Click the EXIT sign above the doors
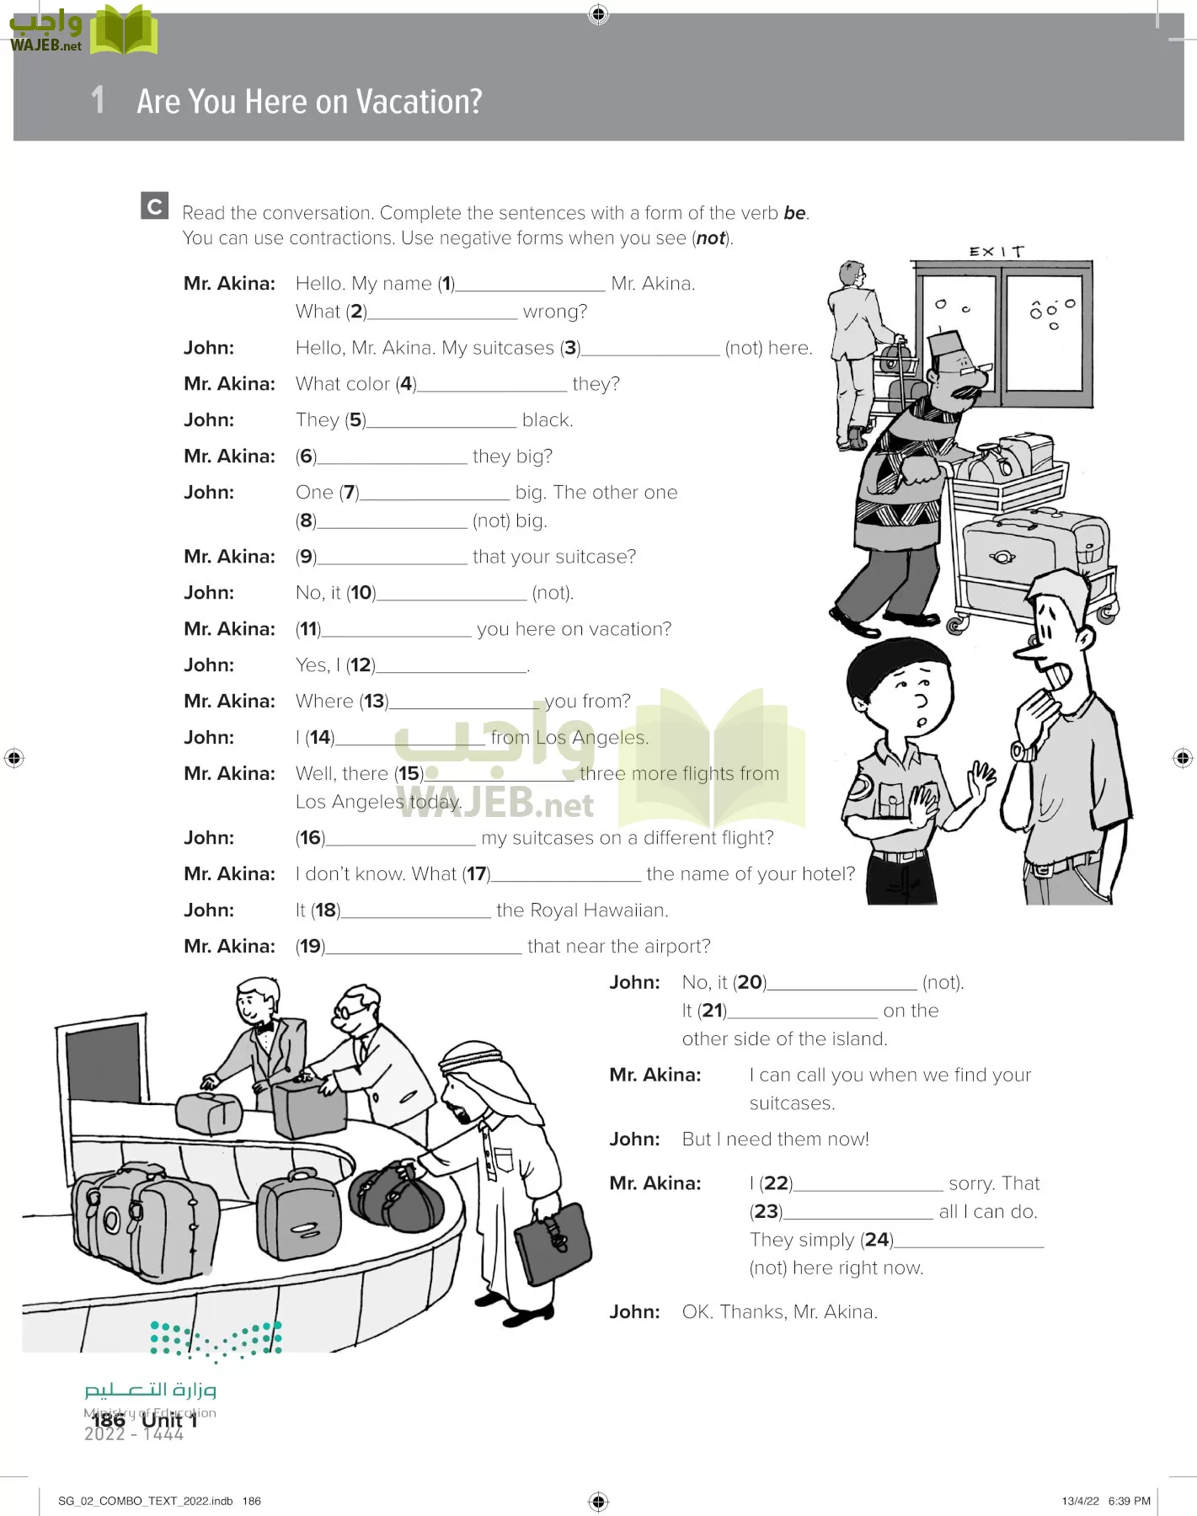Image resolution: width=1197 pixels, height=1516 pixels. [x=996, y=251]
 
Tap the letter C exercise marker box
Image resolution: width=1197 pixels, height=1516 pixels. [x=154, y=206]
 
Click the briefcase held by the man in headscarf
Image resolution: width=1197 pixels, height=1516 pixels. [x=553, y=1241]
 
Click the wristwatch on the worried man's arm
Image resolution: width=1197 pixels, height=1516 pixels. [x=1022, y=750]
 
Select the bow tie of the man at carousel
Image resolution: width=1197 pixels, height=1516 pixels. [x=268, y=1027]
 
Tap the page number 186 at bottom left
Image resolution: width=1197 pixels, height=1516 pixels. [x=109, y=1420]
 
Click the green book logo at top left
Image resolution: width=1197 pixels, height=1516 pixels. [x=124, y=31]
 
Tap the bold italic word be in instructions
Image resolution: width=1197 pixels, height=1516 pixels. [x=794, y=213]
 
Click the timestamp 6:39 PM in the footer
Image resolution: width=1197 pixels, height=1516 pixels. [x=1129, y=1501]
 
